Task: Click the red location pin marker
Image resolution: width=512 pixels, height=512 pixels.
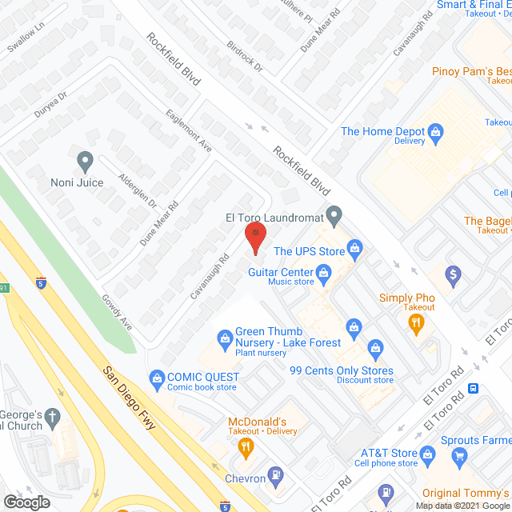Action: (254, 236)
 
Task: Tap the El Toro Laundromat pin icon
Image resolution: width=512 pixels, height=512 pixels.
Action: (336, 215)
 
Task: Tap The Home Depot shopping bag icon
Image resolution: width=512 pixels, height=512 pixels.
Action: (435, 132)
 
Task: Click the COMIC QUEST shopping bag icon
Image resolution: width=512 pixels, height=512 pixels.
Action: (157, 377)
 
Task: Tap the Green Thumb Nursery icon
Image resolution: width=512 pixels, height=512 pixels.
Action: (225, 338)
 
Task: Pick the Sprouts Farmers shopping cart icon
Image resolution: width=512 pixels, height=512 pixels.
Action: (458, 456)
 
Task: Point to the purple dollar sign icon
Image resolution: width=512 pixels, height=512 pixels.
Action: (454, 276)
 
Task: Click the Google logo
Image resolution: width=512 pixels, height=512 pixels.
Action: (26, 502)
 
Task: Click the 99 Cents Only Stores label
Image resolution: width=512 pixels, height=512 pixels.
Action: (341, 370)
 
